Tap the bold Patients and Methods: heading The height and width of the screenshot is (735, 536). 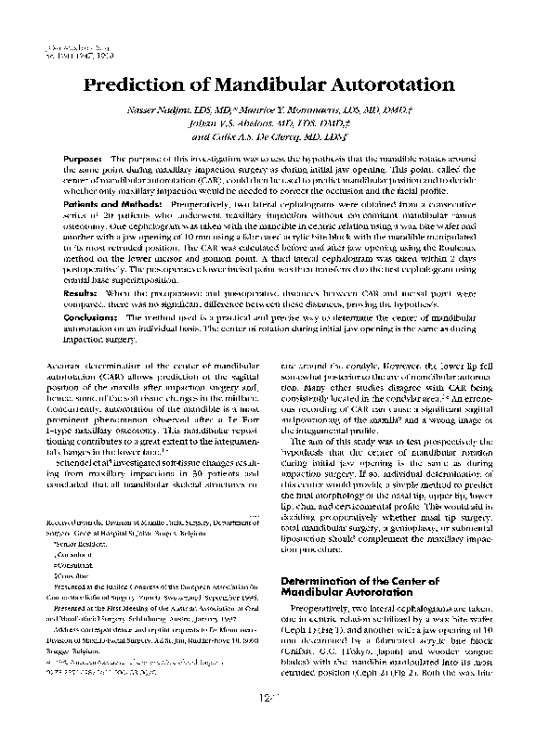coord(117,202)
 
